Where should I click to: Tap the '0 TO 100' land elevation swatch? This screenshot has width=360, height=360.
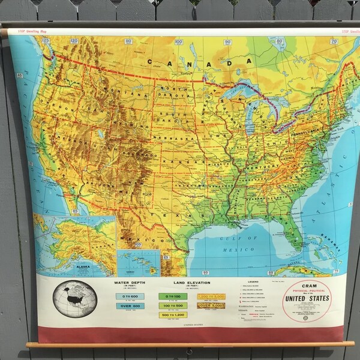tap(173, 296)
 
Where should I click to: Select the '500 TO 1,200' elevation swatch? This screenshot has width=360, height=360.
tap(173, 314)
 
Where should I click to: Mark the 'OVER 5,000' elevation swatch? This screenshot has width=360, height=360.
tap(211, 305)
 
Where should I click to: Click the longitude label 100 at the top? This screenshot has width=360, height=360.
tap(179, 42)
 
